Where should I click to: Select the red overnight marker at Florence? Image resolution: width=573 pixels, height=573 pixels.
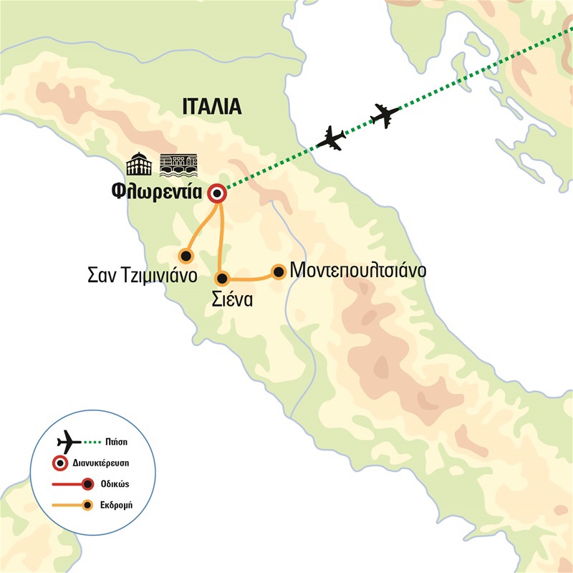tap(216, 194)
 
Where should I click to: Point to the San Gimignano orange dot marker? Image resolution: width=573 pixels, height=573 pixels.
tap(186, 255)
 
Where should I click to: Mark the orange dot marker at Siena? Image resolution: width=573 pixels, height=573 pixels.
tap(222, 278)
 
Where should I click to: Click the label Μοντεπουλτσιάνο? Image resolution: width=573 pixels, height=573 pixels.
tap(358, 272)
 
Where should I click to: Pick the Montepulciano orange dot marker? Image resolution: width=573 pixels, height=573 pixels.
tap(278, 271)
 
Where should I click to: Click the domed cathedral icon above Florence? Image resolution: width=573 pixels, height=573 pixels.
tap(140, 165)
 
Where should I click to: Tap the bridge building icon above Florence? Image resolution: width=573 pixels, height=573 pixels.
tap(177, 165)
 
